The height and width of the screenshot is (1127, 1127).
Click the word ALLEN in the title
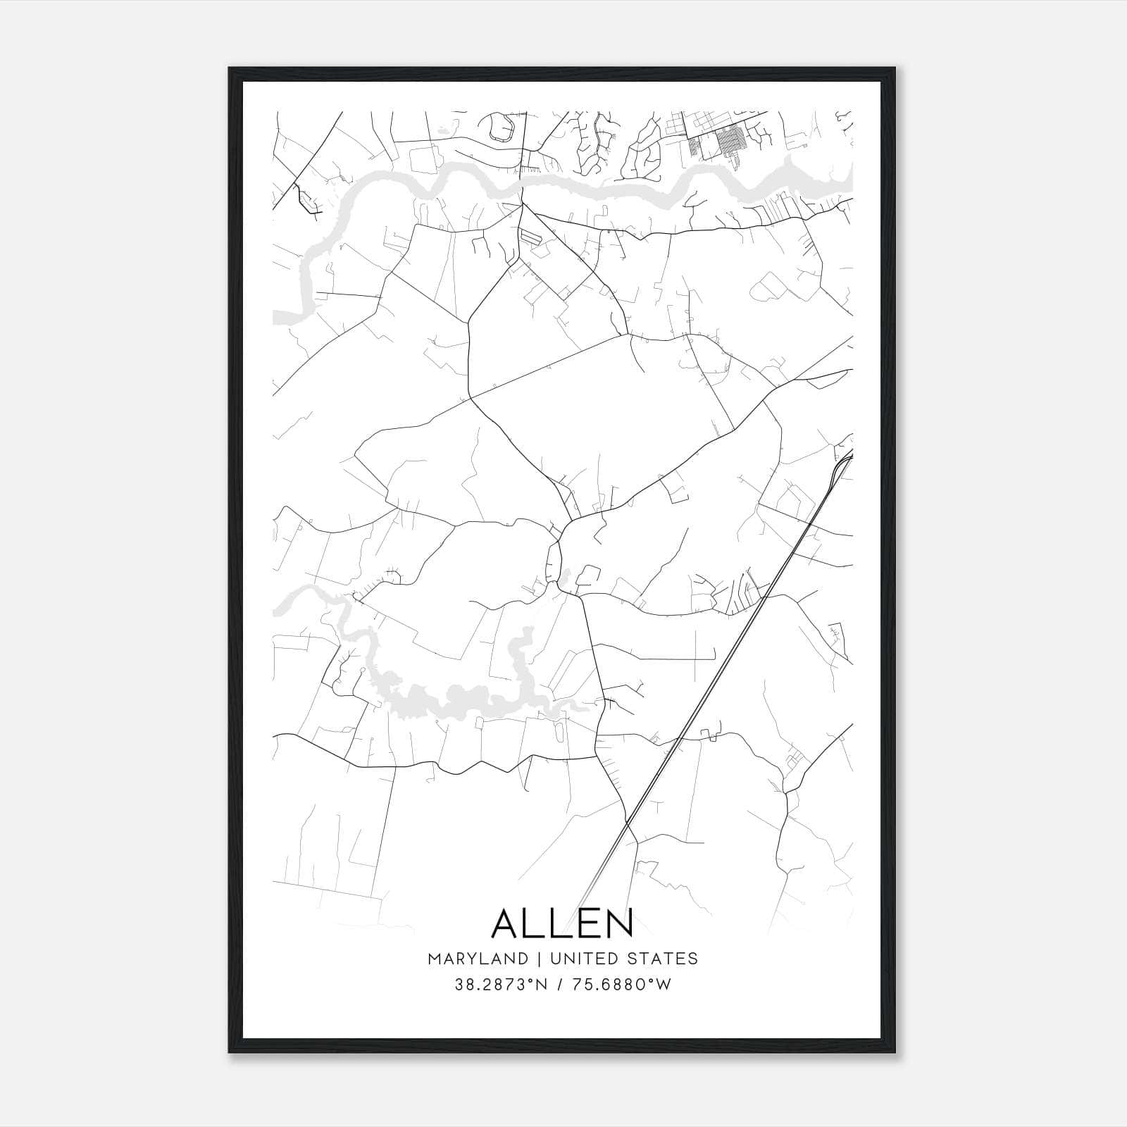pyautogui.click(x=562, y=923)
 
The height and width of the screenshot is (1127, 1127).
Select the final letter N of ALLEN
pyautogui.click(x=618, y=923)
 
